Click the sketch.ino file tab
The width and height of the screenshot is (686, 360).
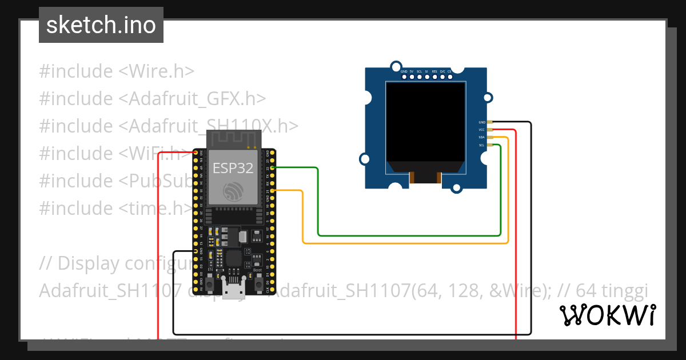click(101, 25)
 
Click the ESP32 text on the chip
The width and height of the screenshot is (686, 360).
click(233, 167)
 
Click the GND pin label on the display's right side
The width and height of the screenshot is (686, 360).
click(482, 122)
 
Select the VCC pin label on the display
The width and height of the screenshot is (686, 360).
click(482, 130)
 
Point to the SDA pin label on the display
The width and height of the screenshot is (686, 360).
click(482, 138)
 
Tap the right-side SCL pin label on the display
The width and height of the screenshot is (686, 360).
click(482, 145)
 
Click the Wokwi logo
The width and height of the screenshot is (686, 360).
click(607, 315)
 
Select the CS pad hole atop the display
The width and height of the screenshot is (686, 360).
click(449, 77)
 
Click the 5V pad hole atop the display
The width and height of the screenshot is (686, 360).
click(412, 77)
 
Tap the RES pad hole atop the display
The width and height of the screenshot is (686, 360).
click(434, 77)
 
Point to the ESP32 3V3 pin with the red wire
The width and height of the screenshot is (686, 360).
click(196, 153)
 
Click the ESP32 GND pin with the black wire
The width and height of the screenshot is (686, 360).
click(196, 251)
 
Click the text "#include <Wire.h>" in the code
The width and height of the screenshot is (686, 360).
click(117, 71)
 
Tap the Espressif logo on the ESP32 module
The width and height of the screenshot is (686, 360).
click(233, 191)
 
